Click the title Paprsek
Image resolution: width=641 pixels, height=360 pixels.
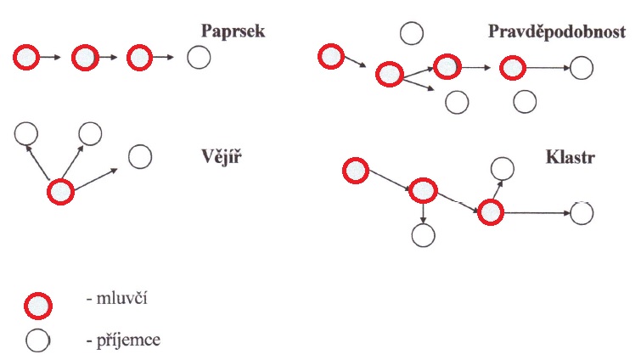tap(234, 31)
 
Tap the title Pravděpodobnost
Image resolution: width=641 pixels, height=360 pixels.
tap(559, 31)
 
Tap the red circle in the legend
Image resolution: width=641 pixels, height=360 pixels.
tap(39, 303)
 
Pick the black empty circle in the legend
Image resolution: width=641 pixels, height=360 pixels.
tap(39, 340)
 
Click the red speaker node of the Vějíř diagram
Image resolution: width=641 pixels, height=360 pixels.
tap(61, 192)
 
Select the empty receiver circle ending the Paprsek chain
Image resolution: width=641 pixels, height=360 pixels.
tap(199, 58)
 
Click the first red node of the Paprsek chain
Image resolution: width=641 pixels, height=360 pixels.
tap(26, 58)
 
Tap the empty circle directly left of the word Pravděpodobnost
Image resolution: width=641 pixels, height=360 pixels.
tap(412, 33)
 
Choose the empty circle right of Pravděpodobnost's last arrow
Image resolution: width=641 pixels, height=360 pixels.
tap(582, 68)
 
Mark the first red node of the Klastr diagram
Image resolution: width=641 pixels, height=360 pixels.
tap(356, 171)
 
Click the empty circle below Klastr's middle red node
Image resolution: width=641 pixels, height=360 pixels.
tap(422, 235)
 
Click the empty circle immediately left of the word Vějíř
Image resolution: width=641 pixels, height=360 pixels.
tap(140, 156)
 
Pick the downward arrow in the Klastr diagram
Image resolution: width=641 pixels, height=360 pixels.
tap(423, 212)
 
